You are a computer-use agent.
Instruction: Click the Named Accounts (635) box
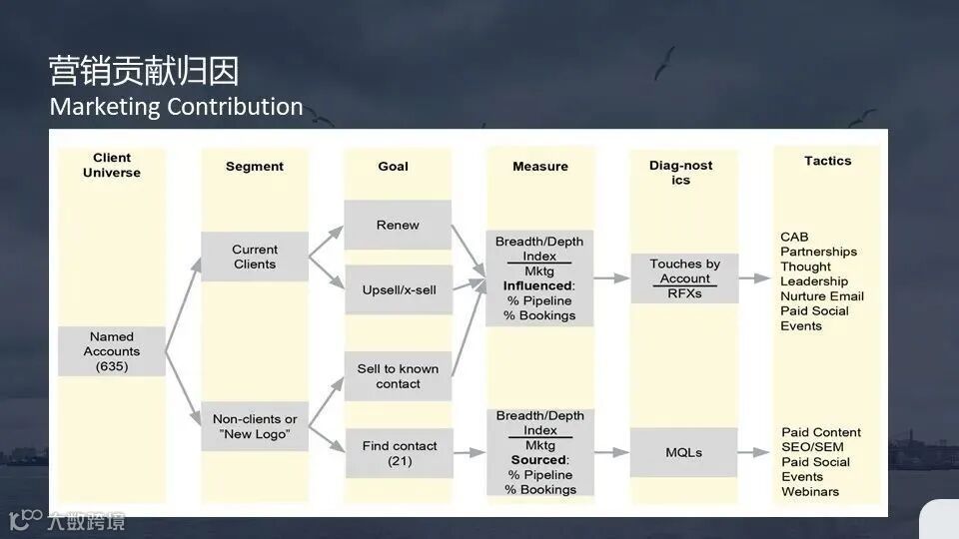tap(111, 351)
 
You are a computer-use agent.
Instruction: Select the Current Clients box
tap(255, 257)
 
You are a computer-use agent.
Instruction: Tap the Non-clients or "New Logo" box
tap(255, 426)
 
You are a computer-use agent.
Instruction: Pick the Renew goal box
tap(398, 225)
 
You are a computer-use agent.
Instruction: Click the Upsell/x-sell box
tap(398, 289)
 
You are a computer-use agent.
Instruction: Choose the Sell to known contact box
tap(398, 376)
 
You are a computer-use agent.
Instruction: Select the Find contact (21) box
tap(398, 453)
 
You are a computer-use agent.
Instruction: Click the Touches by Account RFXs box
tap(684, 278)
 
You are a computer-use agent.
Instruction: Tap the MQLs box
tap(684, 452)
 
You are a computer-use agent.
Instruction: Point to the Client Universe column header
tap(112, 165)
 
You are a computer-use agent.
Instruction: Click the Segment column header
tap(255, 167)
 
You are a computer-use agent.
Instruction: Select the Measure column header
tap(540, 167)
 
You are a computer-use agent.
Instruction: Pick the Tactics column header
tap(828, 161)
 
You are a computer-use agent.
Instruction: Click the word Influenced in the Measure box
tap(537, 285)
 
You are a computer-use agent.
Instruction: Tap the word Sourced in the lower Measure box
tap(537, 460)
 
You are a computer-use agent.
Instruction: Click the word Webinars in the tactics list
tap(810, 491)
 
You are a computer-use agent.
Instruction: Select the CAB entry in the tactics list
tap(794, 237)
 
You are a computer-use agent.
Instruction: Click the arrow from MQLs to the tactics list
tap(755, 452)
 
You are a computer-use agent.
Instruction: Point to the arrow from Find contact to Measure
tap(470, 453)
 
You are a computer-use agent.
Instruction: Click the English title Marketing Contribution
tap(176, 106)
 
